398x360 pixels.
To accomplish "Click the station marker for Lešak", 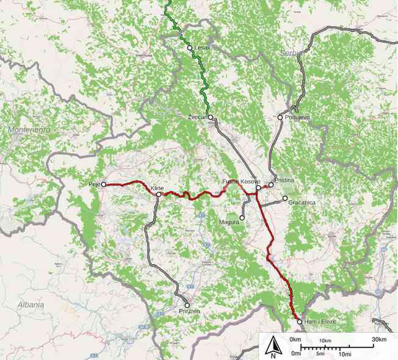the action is click(x=190, y=48).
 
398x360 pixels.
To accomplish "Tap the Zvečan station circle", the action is click(x=211, y=117).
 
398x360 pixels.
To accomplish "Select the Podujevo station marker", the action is click(x=280, y=117).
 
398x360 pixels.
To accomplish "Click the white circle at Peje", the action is click(x=104, y=184).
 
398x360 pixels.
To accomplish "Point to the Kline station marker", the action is click(x=157, y=195).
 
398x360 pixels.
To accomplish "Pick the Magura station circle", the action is click(x=242, y=217).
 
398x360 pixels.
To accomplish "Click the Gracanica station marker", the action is click(x=285, y=198).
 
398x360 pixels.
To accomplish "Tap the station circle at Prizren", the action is click(x=187, y=305).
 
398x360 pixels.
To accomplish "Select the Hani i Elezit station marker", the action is click(x=300, y=321).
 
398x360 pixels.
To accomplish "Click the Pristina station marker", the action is click(x=271, y=185).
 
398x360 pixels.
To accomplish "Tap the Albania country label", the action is click(x=31, y=304).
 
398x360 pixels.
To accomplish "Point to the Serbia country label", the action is click(x=291, y=53).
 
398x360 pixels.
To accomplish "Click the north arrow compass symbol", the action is click(x=273, y=347).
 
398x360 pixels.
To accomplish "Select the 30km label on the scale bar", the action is click(x=378, y=339).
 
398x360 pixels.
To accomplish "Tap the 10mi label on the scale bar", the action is click(x=344, y=353).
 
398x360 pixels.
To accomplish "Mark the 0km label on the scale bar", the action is click(x=296, y=339).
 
